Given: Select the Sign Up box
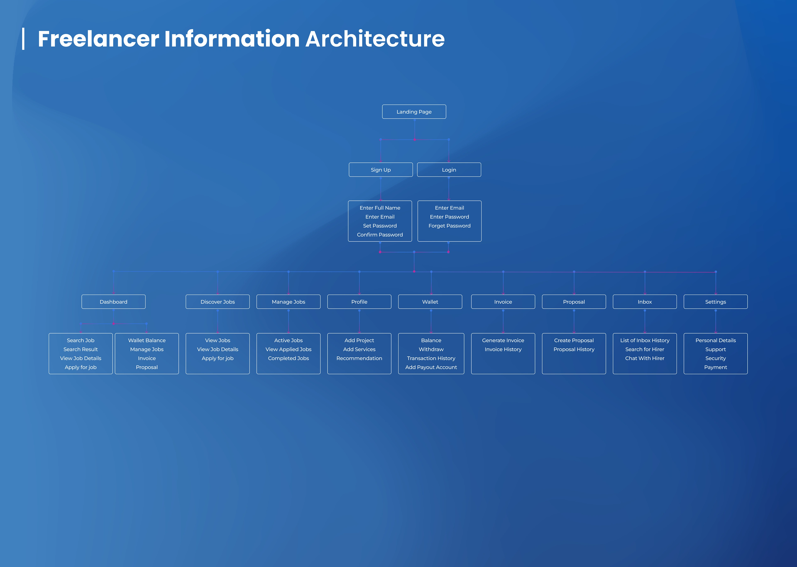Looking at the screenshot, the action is click(381, 170).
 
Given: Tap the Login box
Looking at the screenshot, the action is click(449, 170).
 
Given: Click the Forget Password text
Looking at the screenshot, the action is click(449, 226).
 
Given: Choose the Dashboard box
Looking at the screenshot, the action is click(113, 302).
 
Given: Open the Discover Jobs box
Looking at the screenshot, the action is click(218, 302).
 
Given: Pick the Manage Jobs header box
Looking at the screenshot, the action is click(288, 302).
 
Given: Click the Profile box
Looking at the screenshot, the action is click(359, 302).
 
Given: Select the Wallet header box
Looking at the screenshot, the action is click(430, 302).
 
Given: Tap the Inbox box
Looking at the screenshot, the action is click(645, 302).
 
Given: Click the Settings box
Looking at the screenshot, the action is click(716, 302).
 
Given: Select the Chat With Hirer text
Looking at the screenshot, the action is click(645, 358).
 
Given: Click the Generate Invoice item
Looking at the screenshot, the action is click(503, 340).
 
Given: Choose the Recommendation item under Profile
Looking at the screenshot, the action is click(359, 358).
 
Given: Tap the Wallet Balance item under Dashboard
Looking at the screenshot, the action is click(147, 340).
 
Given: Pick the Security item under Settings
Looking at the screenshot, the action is click(716, 358).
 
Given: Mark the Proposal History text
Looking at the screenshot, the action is click(574, 349).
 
